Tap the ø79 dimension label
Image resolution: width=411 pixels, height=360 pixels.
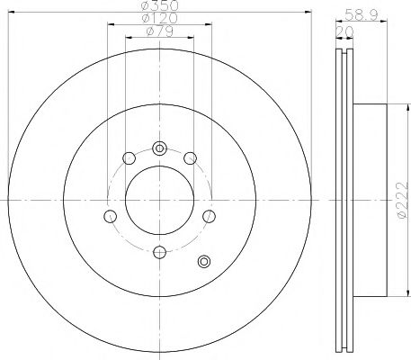tap(160, 33)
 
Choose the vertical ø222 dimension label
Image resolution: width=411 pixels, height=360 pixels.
tap(401, 200)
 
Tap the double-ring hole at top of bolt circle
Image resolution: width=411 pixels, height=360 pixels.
tap(159, 148)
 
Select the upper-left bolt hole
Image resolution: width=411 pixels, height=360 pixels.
tap(129, 159)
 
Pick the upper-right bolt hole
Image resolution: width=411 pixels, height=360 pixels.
tap(190, 159)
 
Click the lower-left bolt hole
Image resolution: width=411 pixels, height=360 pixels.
tap(111, 216)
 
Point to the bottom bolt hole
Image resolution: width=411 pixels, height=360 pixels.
tap(159, 252)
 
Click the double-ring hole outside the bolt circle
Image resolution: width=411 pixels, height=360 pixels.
tap(203, 262)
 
